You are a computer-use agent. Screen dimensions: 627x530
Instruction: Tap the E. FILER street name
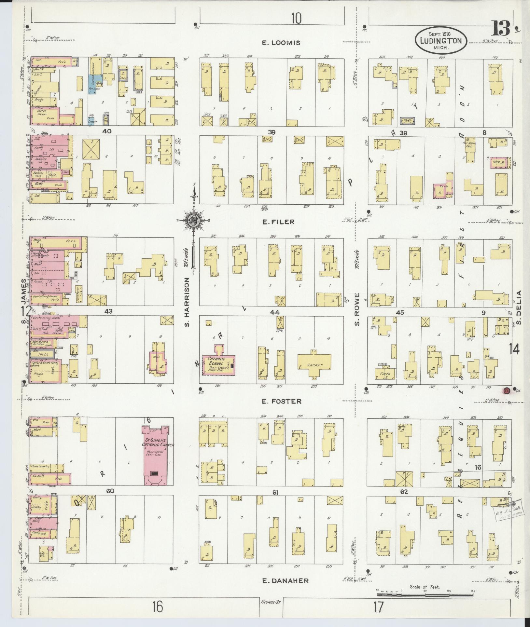coord(278,222)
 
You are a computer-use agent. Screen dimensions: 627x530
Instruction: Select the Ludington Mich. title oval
coord(441,40)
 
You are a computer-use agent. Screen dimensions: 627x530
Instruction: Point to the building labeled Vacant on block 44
coord(314,365)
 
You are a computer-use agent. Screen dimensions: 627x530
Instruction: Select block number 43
coord(108,311)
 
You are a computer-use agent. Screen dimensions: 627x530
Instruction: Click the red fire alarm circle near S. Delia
coord(506,390)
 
